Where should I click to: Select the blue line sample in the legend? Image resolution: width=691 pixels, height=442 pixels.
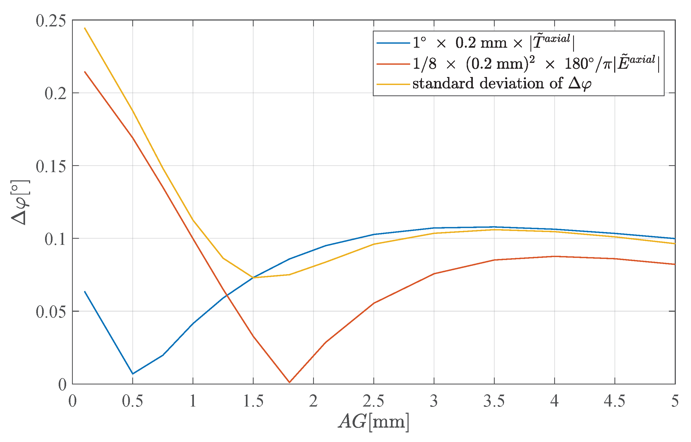[x=393, y=43]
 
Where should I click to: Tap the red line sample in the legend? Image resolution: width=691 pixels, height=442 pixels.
[x=393, y=64]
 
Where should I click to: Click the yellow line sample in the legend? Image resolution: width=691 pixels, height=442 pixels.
[x=393, y=84]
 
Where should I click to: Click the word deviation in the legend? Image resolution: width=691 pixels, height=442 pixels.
[x=512, y=83]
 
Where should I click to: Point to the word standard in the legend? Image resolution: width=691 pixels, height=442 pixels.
[x=443, y=83]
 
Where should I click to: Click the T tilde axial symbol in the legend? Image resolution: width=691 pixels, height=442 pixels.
[x=551, y=42]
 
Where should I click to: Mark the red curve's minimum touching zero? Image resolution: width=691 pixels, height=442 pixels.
[x=289, y=382]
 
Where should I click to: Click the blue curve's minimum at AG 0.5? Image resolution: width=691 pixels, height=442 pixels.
[x=133, y=374]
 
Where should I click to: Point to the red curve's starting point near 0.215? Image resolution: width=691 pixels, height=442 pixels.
[x=85, y=71]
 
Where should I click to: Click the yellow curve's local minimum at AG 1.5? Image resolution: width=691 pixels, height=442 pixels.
[x=253, y=278]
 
